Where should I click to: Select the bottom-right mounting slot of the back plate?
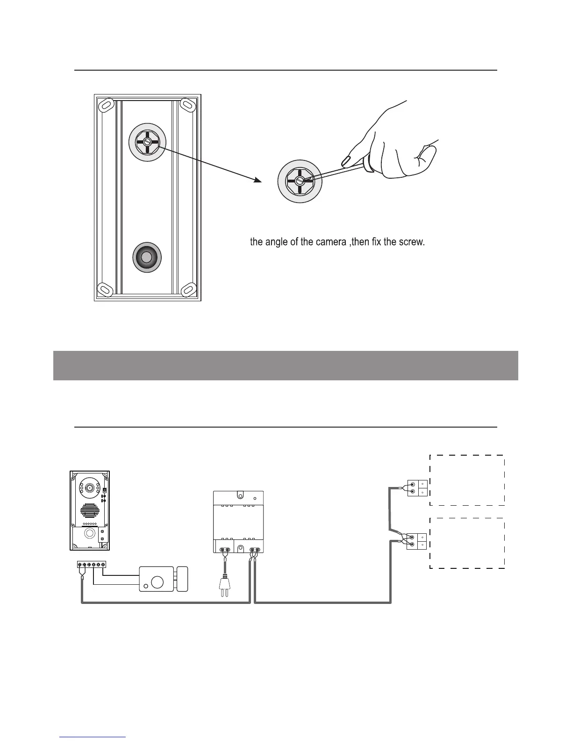(x=188, y=290)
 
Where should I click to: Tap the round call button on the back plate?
(x=147, y=257)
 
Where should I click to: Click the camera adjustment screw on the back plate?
(x=147, y=141)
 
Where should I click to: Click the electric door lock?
(x=164, y=579)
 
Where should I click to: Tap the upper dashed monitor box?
(x=467, y=480)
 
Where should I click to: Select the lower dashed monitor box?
(x=467, y=543)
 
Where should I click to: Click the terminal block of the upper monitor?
(x=416, y=488)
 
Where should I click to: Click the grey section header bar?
(x=286, y=365)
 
